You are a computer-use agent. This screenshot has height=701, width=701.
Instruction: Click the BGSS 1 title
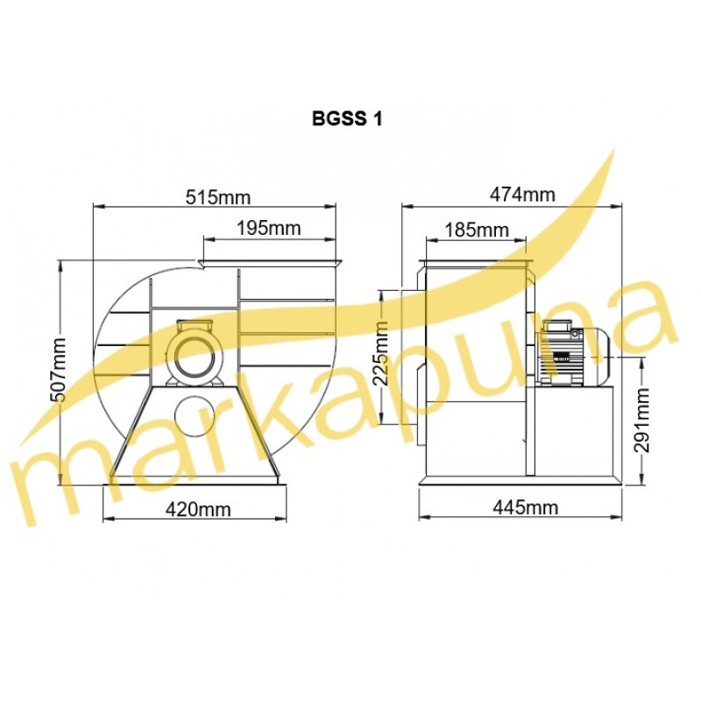pyautogui.click(x=347, y=119)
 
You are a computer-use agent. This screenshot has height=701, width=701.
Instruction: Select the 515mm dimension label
pyautogui.click(x=218, y=196)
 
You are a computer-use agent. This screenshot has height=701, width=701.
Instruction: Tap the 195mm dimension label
pyautogui.click(x=268, y=229)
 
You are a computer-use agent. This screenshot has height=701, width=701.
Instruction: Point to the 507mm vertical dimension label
pyautogui.click(x=59, y=370)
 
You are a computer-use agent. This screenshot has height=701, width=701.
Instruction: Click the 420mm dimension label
pyautogui.click(x=198, y=509)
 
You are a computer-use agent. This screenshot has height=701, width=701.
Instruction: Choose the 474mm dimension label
pyautogui.click(x=522, y=195)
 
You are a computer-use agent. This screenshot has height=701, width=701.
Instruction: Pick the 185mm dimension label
pyautogui.click(x=477, y=230)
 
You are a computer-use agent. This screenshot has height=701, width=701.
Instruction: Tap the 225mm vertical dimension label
pyautogui.click(x=381, y=354)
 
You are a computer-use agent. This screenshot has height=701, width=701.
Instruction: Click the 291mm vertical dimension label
pyautogui.click(x=642, y=421)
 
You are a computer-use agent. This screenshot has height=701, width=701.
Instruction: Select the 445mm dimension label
pyautogui.click(x=525, y=507)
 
